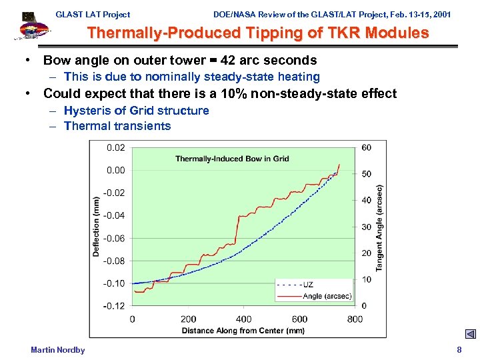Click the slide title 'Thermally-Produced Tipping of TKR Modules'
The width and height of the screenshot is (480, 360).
258,33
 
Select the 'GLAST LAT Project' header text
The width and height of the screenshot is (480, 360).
93,14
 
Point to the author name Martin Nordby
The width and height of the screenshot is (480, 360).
58,350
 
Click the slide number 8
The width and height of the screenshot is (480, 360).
459,350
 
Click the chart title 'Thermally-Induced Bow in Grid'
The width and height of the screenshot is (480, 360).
232,159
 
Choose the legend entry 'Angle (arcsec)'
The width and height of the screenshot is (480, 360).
314,296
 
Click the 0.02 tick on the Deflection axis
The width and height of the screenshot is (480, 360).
115,147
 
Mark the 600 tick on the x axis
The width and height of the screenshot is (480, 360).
299,319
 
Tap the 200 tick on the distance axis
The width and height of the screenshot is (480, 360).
189,319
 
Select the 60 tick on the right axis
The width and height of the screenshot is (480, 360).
367,147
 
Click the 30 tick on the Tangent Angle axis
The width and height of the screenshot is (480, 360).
367,227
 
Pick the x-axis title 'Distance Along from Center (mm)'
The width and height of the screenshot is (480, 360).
243,331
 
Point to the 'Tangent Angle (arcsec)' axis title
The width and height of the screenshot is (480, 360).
380,227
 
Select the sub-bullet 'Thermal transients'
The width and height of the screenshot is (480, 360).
117,126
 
